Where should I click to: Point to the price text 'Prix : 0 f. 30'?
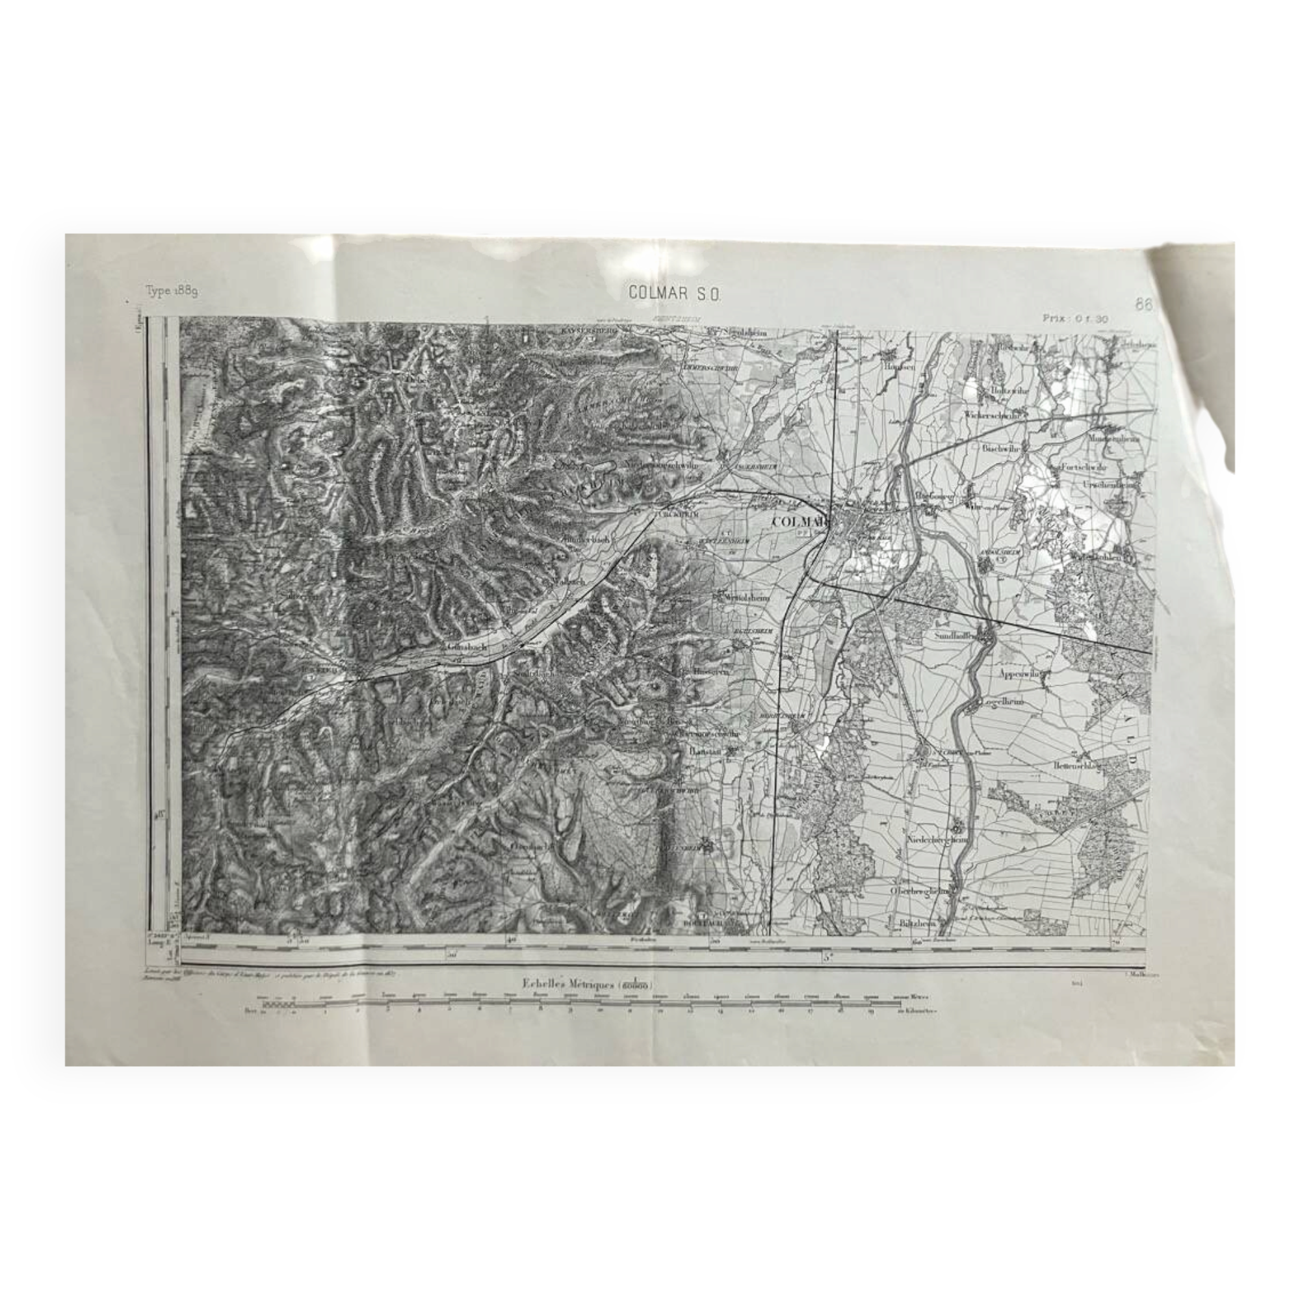(1074, 319)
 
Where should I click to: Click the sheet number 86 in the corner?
(1143, 304)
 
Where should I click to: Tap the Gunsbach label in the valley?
(465, 645)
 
